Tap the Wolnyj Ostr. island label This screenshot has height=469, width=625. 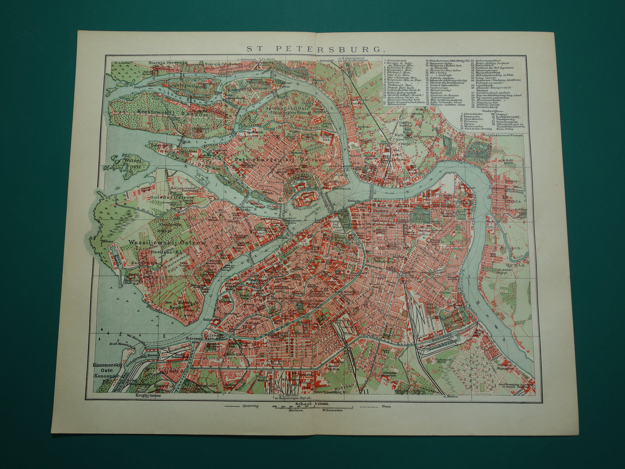click(131, 164)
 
